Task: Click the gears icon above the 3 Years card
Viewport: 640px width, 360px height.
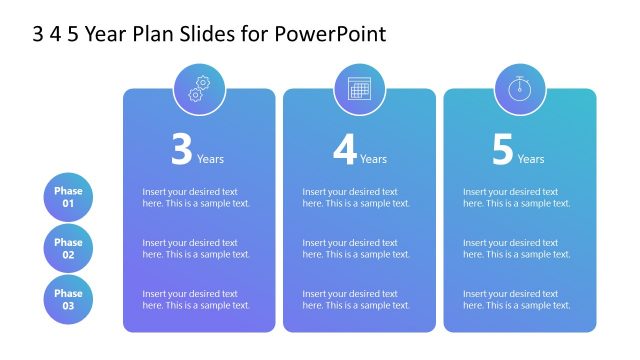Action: [199, 89]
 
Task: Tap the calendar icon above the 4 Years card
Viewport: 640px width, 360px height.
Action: [359, 89]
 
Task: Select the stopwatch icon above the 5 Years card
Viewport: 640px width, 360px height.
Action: [519, 89]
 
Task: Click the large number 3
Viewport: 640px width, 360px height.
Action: [181, 150]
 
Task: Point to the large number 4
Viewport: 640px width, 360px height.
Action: [344, 150]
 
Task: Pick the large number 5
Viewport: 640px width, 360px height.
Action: [502, 150]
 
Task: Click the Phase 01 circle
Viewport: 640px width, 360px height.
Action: [68, 197]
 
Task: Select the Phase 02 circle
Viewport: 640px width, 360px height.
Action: [68, 248]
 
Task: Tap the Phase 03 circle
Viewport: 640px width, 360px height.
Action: [68, 299]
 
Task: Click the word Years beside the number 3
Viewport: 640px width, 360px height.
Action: [210, 159]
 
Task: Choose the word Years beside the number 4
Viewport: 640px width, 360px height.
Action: [373, 159]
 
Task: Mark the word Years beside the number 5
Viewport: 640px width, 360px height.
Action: [531, 159]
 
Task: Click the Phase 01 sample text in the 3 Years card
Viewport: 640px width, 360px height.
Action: [196, 197]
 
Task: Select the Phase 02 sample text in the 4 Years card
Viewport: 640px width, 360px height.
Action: [356, 248]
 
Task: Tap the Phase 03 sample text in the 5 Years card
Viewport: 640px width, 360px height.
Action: [516, 299]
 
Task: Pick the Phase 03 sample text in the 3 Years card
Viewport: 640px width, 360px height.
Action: [196, 299]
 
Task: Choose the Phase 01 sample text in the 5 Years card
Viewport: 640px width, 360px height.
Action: [516, 197]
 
